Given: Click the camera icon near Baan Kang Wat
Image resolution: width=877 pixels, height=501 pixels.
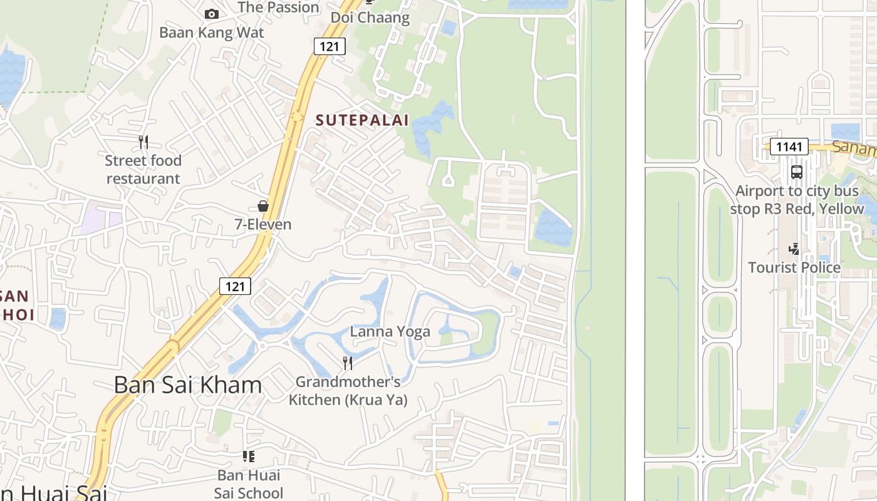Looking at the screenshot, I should point(212,14).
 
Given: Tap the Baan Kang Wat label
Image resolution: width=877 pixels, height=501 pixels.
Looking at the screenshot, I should point(212,33).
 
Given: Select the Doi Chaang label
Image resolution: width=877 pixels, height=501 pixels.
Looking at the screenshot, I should point(370,18).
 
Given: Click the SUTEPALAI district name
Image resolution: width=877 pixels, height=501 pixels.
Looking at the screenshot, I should point(362,120).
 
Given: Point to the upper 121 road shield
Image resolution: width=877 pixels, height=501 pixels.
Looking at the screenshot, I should point(330,46).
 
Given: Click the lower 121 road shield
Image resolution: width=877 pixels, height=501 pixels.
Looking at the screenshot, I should point(235,286).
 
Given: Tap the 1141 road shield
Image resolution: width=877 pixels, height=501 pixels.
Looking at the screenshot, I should point(789,147).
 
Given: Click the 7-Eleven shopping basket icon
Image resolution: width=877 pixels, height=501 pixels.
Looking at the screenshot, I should point(263,206).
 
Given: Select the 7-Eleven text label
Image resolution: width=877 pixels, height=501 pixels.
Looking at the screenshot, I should point(263,224).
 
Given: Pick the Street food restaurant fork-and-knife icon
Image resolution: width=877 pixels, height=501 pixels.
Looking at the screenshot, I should point(143,142).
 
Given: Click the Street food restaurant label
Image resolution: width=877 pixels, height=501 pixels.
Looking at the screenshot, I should point(143,170).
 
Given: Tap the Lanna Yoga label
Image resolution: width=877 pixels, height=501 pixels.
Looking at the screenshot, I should point(390,331).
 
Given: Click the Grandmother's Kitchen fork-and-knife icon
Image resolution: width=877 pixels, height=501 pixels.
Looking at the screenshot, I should point(348,363).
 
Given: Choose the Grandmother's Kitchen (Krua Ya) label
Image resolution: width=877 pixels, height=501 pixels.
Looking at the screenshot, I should point(348,390).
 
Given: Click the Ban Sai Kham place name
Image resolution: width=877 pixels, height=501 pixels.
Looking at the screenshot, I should point(188,385).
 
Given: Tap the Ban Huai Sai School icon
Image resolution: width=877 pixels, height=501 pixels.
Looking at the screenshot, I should point(249,457).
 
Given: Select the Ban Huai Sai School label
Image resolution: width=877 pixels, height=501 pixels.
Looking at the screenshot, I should point(249,484).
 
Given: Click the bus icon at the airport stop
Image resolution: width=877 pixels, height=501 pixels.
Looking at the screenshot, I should point(797,172).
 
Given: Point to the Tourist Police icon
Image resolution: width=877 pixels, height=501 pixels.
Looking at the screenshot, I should point(794,249).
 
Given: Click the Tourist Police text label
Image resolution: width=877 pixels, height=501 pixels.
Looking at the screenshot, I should point(794,267).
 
